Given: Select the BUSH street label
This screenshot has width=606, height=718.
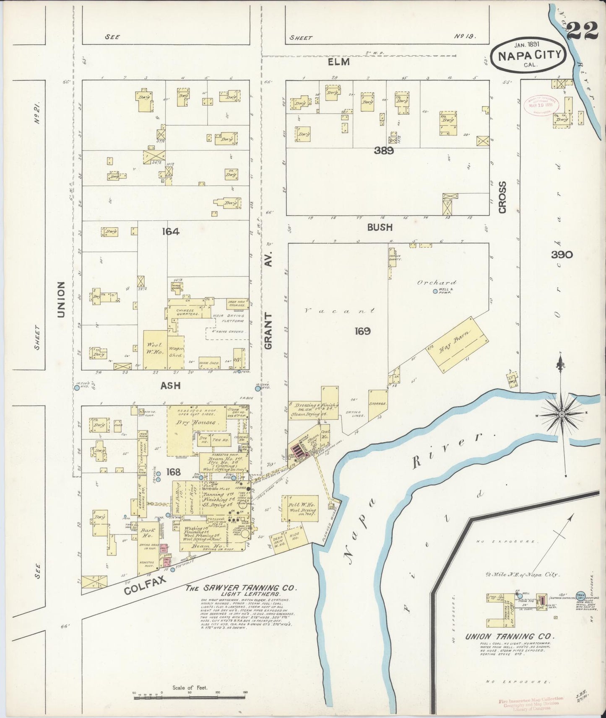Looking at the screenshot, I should (380, 227).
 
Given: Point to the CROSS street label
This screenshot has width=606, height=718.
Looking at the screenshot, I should (502, 197).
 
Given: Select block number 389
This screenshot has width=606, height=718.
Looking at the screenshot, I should (384, 151).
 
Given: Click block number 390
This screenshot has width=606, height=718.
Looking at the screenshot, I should (562, 254).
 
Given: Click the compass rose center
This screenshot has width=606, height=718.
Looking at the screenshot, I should (562, 414).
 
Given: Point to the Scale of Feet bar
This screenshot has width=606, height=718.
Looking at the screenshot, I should (189, 697).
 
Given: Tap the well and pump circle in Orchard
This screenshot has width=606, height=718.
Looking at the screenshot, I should (435, 291).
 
